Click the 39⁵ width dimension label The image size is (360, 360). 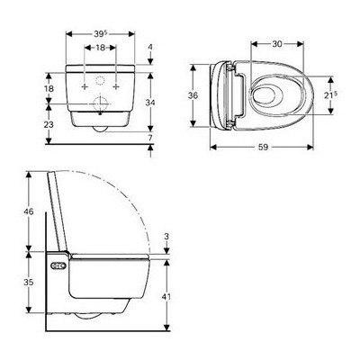pyautogui.click(x=100, y=33)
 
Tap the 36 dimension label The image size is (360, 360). pyautogui.click(x=191, y=94)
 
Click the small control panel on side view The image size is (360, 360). pyautogui.click(x=58, y=266)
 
